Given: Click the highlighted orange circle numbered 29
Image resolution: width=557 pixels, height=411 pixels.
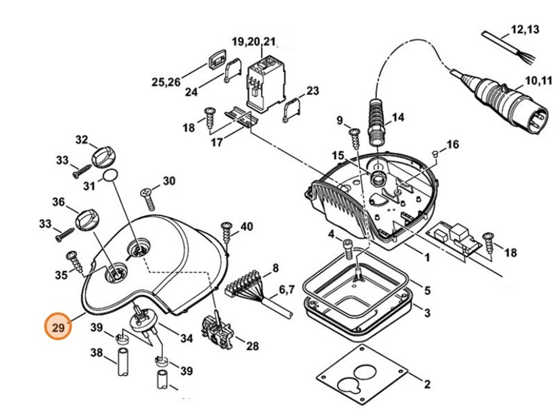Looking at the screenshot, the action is tap(58, 326).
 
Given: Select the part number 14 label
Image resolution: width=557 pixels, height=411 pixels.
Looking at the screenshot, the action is tap(398, 117).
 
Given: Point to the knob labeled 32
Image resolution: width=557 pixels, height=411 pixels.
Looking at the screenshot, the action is tap(104, 157).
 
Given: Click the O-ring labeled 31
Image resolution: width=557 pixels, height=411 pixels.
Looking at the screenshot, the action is tap(110, 175).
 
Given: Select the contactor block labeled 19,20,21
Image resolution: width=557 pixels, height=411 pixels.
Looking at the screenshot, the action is tap(266, 84).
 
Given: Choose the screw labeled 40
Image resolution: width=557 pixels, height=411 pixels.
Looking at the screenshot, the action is tap(227, 233).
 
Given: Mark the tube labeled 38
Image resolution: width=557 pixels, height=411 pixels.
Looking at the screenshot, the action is tap(123, 361).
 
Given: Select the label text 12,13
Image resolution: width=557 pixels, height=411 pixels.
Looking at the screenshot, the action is tap(525, 29).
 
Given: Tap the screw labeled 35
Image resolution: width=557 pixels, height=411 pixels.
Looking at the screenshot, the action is tap(76, 262).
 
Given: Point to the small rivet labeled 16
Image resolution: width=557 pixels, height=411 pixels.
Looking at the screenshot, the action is tap(435, 153).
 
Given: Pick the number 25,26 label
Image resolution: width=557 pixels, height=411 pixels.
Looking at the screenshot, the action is tap(166, 82).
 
